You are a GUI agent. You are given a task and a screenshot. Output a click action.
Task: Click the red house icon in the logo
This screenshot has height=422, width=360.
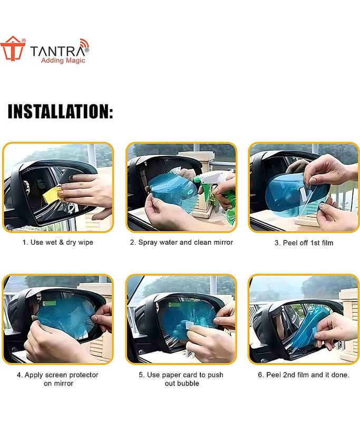[13, 49]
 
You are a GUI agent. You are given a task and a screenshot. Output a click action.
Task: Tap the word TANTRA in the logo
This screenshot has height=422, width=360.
[58, 51]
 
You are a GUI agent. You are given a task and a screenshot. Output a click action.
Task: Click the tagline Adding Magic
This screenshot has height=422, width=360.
[63, 61]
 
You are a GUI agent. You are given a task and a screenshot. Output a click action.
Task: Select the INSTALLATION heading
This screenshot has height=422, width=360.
[60, 111]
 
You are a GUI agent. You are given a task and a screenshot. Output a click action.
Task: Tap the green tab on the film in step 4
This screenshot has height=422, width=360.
[49, 304]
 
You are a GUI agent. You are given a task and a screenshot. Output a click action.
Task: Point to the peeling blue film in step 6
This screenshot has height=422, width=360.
[310, 329]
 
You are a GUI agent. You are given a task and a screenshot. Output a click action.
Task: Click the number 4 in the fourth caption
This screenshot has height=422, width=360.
[18, 375]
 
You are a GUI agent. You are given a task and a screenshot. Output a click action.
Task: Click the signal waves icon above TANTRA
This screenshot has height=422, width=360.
[84, 43]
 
